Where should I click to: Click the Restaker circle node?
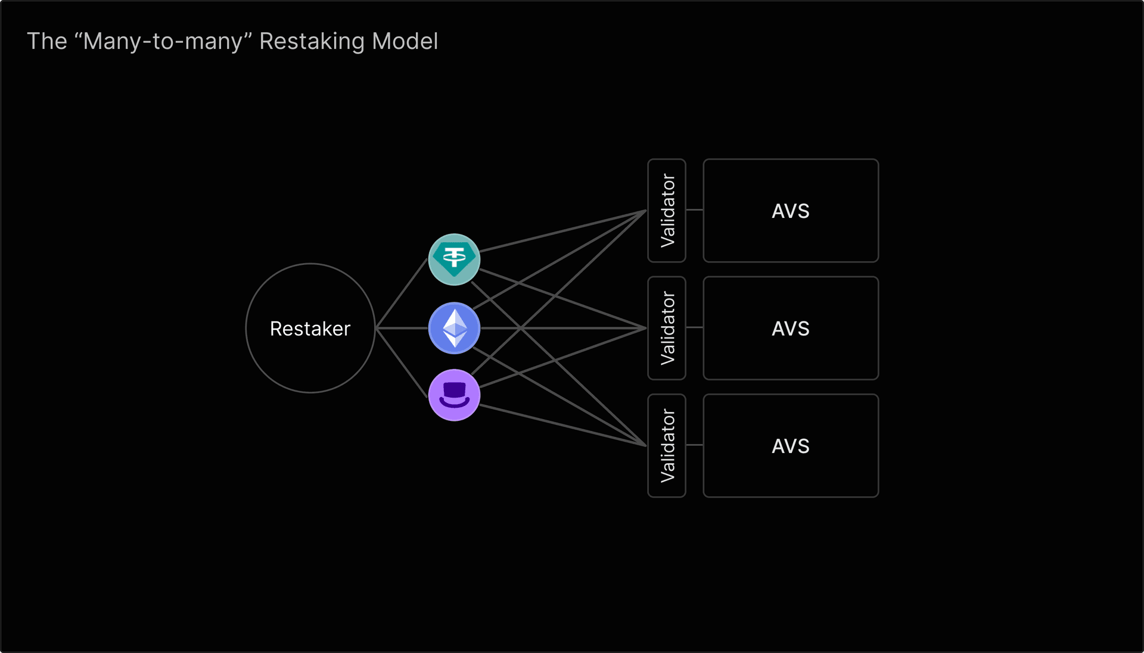[310, 328]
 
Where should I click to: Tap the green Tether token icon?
[454, 260]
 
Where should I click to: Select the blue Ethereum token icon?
[454, 328]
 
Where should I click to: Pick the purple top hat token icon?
[454, 395]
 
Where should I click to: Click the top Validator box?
[667, 210]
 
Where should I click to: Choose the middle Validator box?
[667, 328]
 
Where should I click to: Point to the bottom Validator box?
[667, 445]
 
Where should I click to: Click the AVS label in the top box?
[790, 211]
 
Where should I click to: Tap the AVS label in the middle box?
[790, 329]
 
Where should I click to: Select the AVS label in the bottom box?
[790, 446]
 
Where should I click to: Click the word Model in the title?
[405, 41]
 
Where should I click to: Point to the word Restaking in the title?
[312, 42]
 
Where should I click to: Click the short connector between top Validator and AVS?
[694, 210]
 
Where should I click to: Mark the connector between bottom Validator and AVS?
[694, 445]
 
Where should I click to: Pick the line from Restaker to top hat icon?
[402, 361]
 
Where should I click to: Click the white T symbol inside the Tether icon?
[454, 258]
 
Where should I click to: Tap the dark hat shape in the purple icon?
[454, 390]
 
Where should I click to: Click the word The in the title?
[47, 41]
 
